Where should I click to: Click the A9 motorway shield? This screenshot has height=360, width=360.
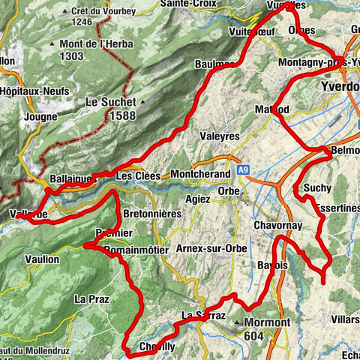click(x=242, y=170)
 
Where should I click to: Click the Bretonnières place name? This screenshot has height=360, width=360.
click(x=151, y=214)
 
